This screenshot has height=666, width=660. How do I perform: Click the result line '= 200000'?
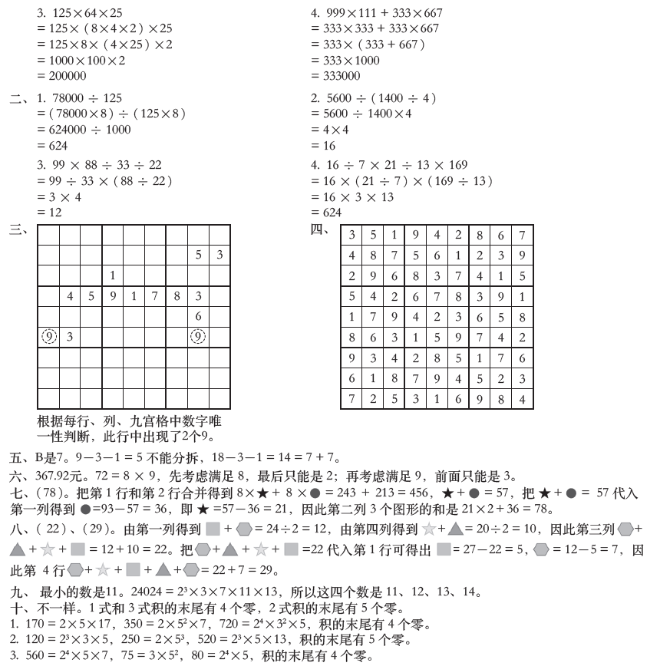[x=61, y=76]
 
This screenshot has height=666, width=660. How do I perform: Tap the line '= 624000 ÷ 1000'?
[x=84, y=130]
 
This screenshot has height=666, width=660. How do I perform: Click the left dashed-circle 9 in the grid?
[x=48, y=336]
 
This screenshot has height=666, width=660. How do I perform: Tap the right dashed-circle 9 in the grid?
[x=198, y=336]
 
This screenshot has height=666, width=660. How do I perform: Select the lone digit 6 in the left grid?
[x=198, y=315]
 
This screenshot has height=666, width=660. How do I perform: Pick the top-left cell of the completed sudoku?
[x=351, y=236]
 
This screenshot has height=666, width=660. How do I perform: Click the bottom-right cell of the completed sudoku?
[x=522, y=400]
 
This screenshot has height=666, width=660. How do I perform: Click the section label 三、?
[x=18, y=229]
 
